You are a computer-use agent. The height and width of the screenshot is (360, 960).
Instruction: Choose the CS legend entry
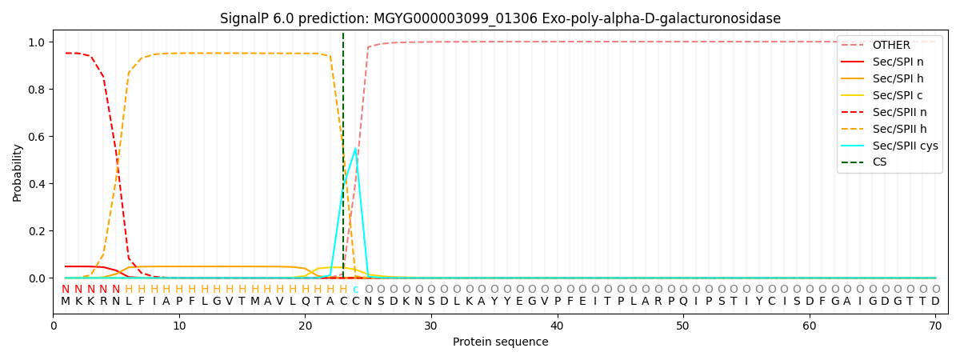879,162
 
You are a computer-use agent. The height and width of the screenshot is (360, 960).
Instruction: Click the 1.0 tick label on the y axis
37,42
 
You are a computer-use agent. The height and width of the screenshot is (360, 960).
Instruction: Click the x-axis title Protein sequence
501,342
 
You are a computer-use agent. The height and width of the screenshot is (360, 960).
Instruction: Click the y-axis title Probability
18,172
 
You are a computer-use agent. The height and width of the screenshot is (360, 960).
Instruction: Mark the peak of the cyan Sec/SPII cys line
355,148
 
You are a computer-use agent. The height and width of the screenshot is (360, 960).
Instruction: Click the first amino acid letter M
66,302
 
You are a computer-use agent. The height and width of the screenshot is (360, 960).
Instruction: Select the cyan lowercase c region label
355,290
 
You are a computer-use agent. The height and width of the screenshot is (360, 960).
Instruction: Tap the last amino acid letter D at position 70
935,302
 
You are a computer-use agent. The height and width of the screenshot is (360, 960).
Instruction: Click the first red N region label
66,290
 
